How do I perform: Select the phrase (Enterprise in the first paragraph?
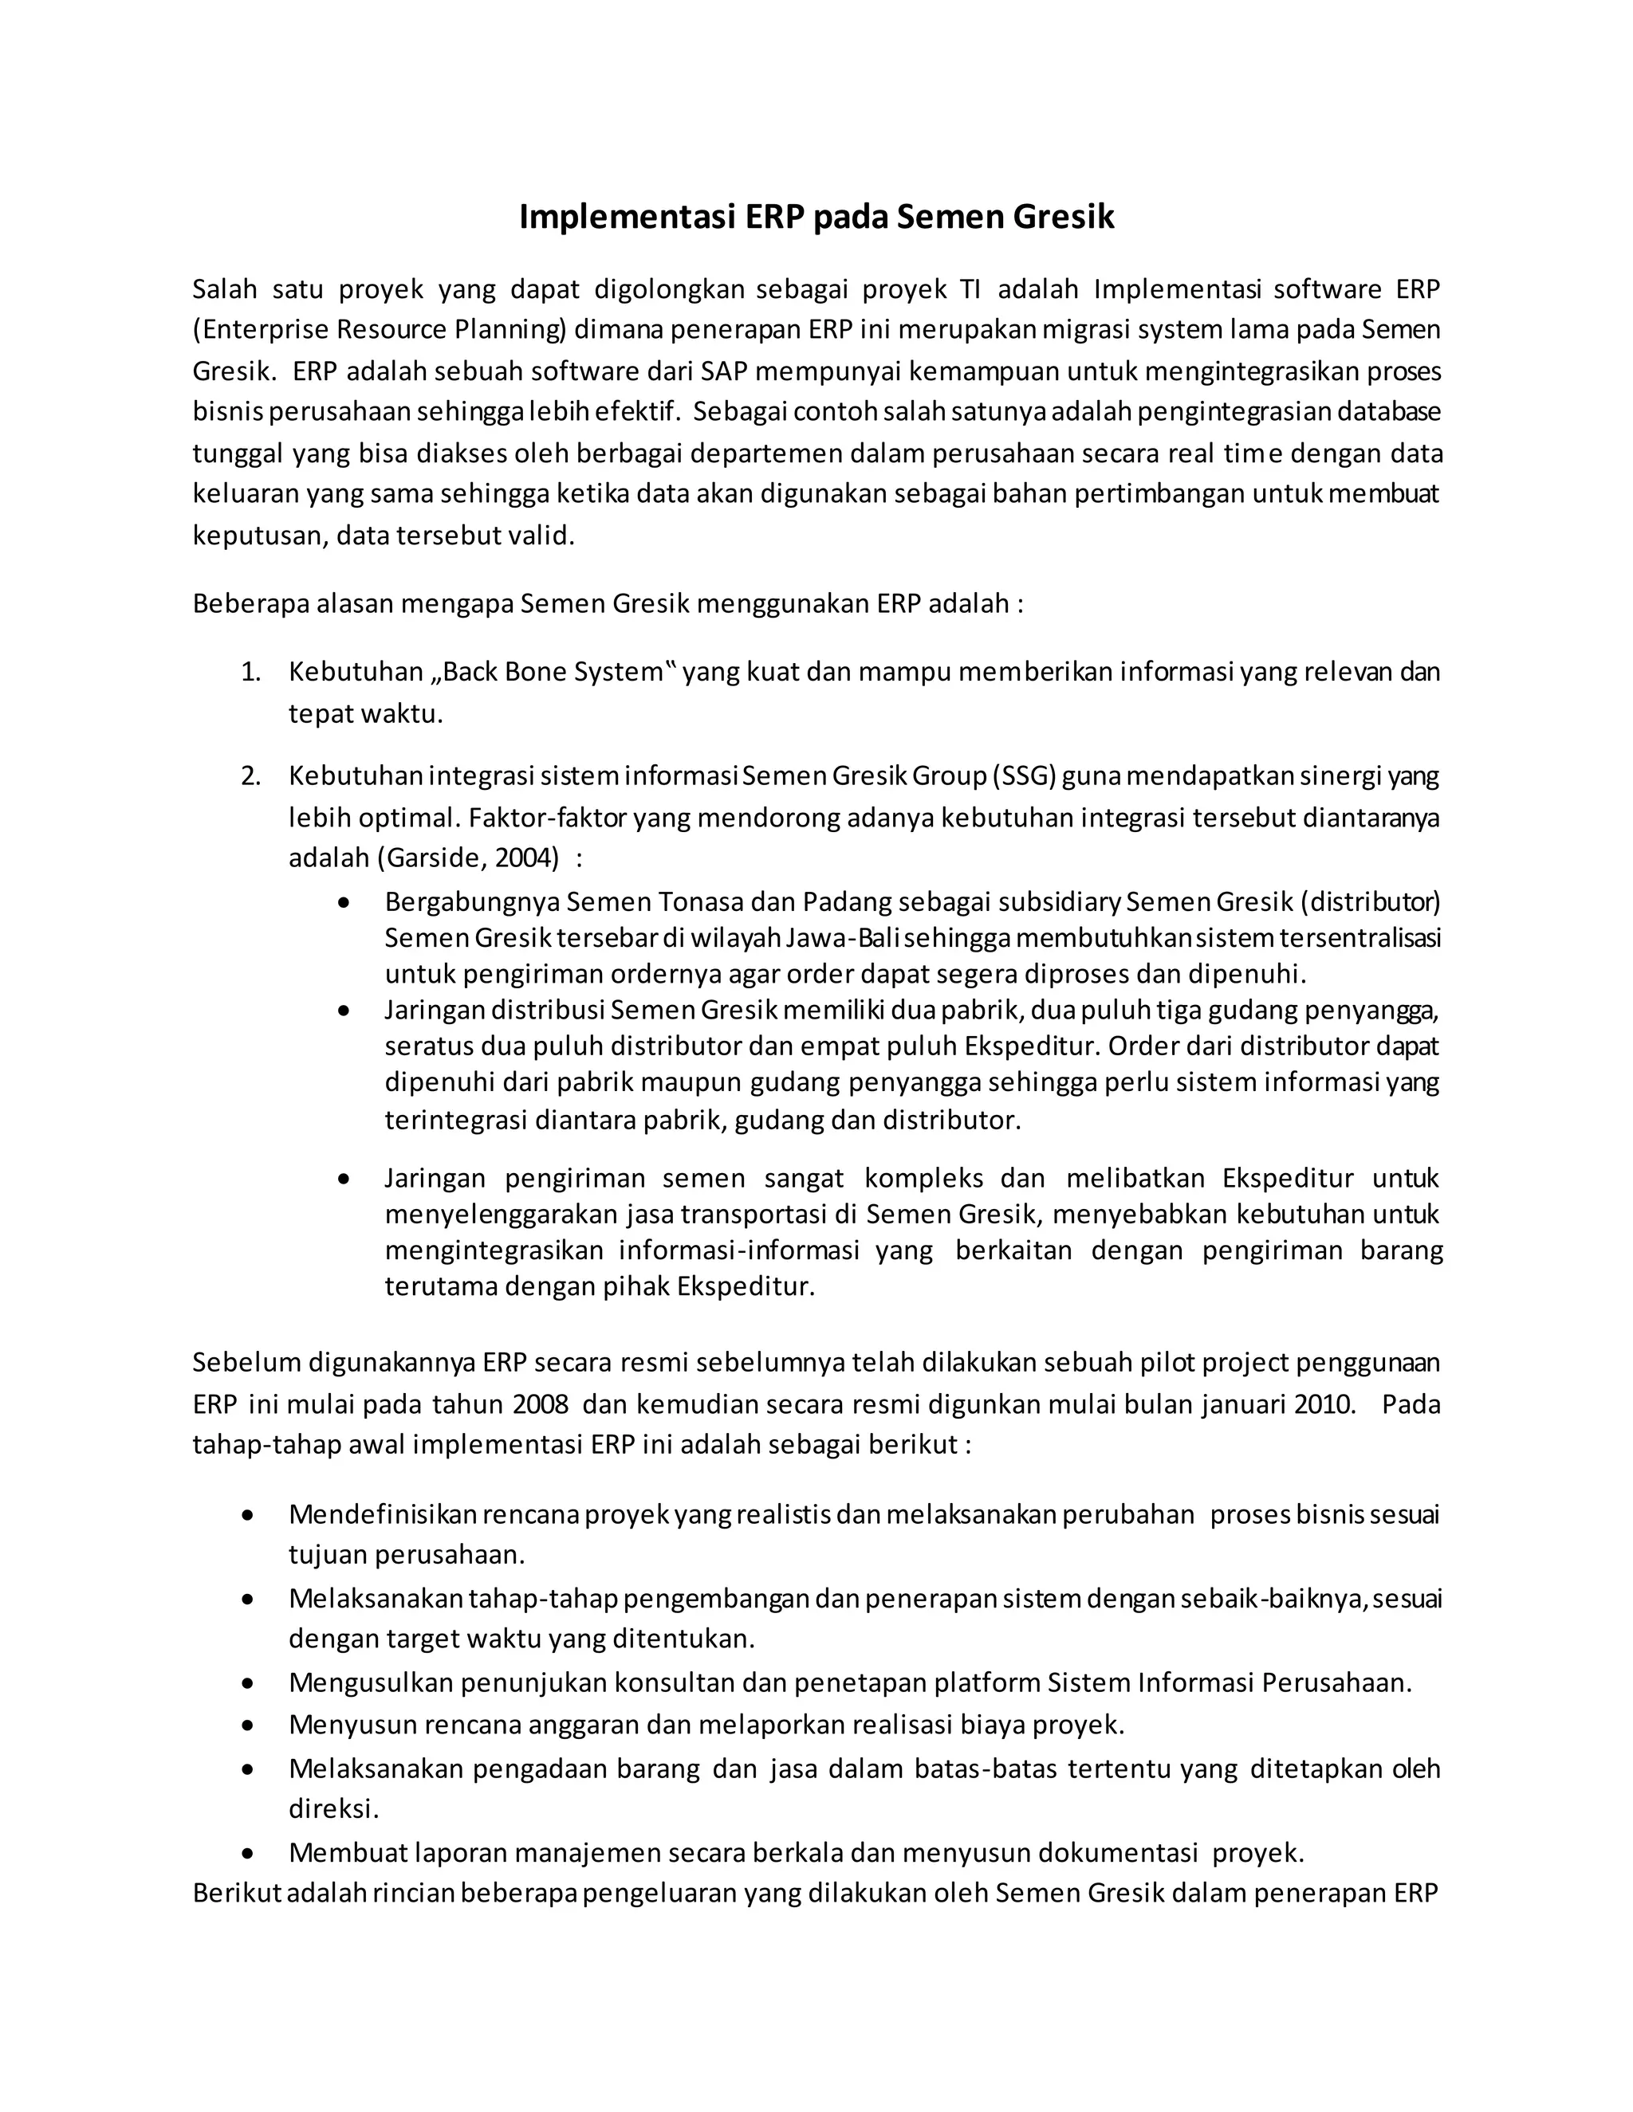pos(260,331)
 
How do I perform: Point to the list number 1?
pos(250,672)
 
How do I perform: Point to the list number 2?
pos(250,776)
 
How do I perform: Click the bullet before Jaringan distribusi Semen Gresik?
pos(344,1011)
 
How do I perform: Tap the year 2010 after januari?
pos(1324,1404)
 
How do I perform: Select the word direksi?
pos(333,1808)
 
